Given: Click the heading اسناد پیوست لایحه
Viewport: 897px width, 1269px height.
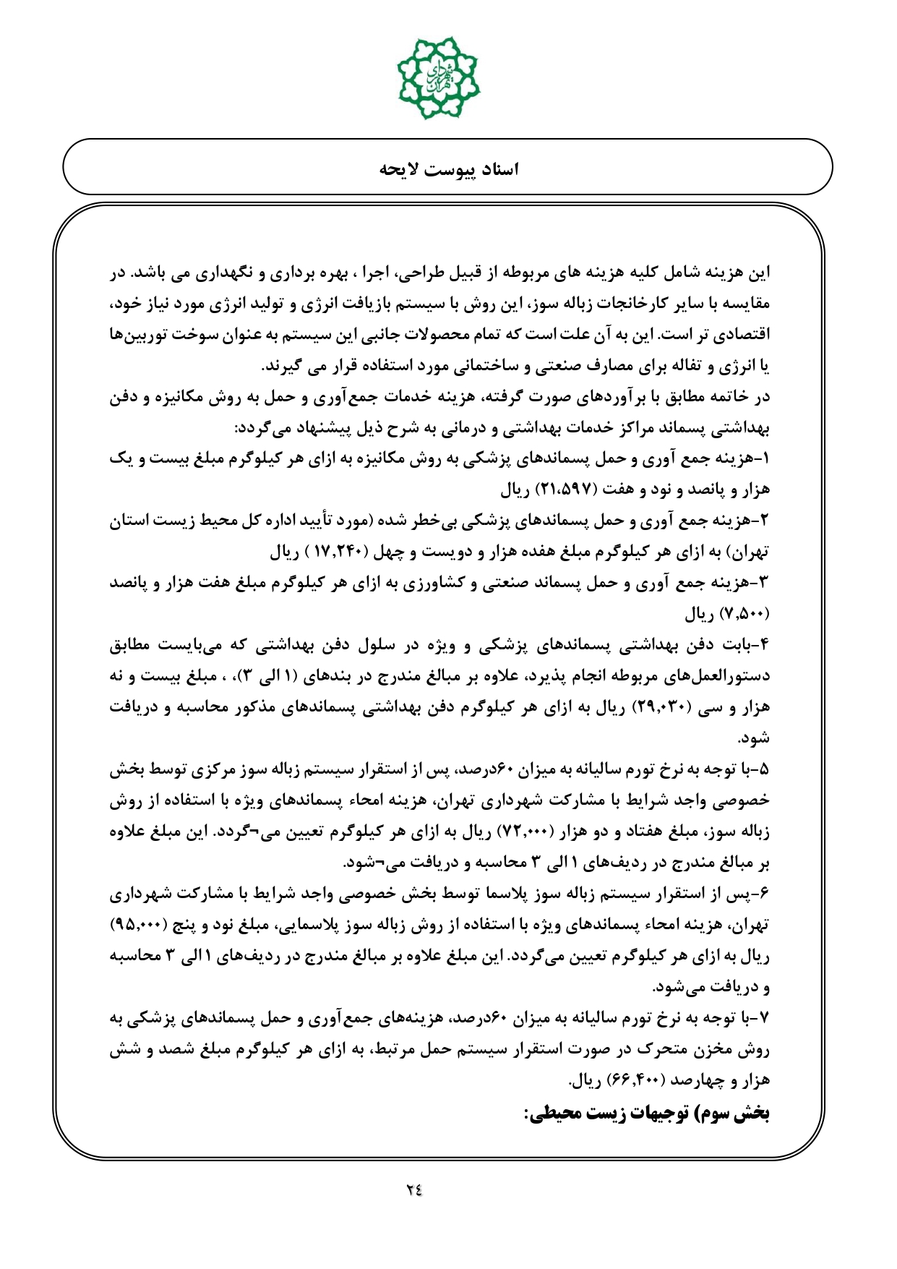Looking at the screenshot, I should click(449, 170).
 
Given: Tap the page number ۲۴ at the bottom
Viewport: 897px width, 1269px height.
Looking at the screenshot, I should click(413, 1189).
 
